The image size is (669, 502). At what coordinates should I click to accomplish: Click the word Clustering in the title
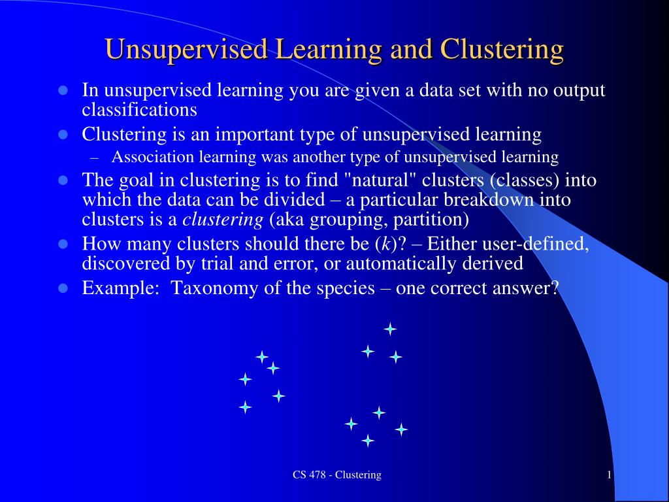502,50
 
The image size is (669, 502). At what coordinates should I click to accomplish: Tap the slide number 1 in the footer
610,475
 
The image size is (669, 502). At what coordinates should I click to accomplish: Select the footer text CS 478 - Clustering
337,475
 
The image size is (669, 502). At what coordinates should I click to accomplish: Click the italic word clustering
223,220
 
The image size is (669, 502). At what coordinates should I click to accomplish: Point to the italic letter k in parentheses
385,244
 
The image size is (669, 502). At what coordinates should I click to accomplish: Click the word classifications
140,110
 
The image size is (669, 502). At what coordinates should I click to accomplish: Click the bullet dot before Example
63,288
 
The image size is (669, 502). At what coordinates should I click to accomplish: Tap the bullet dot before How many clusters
63,244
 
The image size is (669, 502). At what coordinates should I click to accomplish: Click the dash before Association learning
95,158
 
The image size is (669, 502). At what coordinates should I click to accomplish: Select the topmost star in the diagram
390,329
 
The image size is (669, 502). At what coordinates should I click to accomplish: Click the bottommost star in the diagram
368,440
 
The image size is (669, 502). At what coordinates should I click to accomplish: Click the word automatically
400,264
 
